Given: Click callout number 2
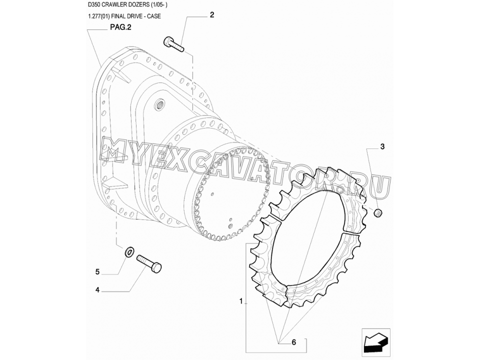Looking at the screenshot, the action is pyautogui.click(x=212, y=14).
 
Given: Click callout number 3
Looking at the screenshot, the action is pyautogui.click(x=382, y=146).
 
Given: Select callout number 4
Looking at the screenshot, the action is pyautogui.click(x=97, y=289).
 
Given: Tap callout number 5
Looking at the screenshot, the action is pyautogui.click(x=97, y=271).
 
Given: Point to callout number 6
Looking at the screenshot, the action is pyautogui.click(x=294, y=342).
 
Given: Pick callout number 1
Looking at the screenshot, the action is pyautogui.click(x=241, y=301).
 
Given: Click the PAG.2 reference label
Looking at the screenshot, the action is pyautogui.click(x=120, y=27).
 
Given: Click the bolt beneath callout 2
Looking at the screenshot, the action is pyautogui.click(x=173, y=44).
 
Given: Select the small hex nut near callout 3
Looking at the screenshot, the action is pyautogui.click(x=378, y=212).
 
